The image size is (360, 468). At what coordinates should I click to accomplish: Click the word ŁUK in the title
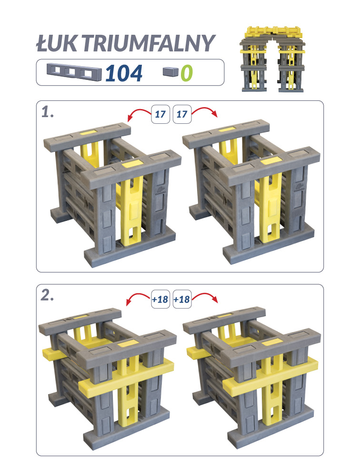click(x=57, y=43)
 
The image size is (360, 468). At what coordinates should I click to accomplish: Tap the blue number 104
click(x=124, y=73)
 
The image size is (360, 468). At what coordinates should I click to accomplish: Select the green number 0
click(x=187, y=73)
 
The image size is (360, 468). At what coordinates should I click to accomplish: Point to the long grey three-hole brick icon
click(x=74, y=71)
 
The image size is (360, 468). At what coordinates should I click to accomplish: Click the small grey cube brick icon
click(x=171, y=71)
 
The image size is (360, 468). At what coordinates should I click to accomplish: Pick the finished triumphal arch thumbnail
click(x=272, y=59)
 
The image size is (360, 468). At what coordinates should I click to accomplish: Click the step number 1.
click(x=48, y=112)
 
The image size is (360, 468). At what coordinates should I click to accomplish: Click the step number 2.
click(x=47, y=296)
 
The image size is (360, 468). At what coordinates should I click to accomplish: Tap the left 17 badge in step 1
click(x=160, y=114)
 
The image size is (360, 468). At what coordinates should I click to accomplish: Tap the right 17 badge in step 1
click(x=182, y=114)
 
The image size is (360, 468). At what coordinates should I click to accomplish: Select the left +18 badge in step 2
click(x=160, y=299)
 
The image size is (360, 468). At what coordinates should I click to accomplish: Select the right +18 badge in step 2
click(x=182, y=299)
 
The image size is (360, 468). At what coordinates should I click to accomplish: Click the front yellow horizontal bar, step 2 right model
click(x=270, y=375)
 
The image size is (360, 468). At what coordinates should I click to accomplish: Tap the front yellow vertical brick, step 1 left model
click(x=131, y=209)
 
